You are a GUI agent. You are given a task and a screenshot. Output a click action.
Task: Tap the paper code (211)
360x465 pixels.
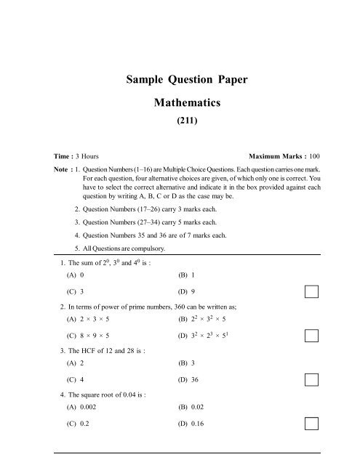(180, 124)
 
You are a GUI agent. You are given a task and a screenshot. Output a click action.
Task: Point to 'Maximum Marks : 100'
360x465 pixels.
(284, 156)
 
